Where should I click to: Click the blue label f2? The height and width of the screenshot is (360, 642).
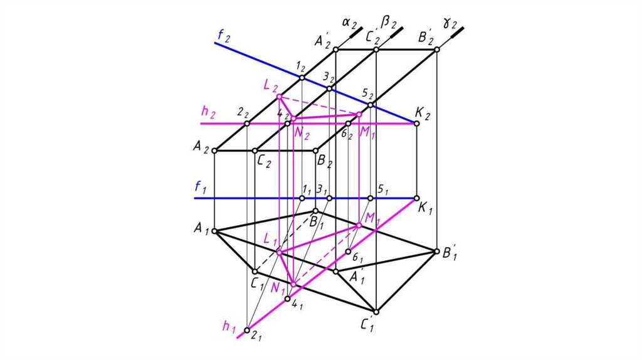(223, 36)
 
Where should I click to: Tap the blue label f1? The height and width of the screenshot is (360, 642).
(200, 186)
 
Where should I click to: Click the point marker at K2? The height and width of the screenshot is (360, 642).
(417, 124)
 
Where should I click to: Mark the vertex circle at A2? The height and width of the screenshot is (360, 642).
(214, 151)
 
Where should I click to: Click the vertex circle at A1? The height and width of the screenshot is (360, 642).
(214, 231)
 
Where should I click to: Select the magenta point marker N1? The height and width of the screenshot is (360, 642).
(293, 284)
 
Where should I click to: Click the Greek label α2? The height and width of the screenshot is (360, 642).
(349, 24)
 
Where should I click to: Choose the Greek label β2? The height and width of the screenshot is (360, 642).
(389, 24)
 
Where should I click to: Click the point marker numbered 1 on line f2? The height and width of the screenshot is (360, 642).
(302, 78)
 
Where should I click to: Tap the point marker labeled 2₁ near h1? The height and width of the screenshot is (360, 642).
(247, 331)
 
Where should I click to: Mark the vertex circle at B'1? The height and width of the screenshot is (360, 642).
(436, 251)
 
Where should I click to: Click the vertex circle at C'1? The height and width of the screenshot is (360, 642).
(376, 311)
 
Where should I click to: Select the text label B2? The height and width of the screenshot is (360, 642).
(325, 162)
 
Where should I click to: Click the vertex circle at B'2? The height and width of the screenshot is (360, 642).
(436, 50)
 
